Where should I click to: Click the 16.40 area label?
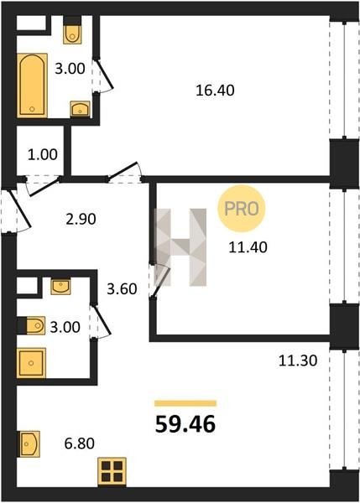[x=215, y=91]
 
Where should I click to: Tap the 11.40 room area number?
[x=248, y=247]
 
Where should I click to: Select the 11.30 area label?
[x=298, y=360]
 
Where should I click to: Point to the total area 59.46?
[x=185, y=424]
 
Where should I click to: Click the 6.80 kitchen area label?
[x=80, y=443]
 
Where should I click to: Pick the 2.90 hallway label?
[x=81, y=220]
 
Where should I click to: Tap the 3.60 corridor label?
[x=122, y=289]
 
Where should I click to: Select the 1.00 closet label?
[x=43, y=154]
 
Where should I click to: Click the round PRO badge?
[x=242, y=209]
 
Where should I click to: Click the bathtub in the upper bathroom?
[x=32, y=85]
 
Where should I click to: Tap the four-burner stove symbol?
[x=112, y=471]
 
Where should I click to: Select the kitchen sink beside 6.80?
[x=29, y=444]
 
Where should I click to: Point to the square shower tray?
[x=31, y=363]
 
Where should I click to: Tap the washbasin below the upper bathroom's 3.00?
[x=81, y=109]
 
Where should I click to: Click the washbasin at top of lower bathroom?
[x=60, y=287]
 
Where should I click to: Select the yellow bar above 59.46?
[x=185, y=403]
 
